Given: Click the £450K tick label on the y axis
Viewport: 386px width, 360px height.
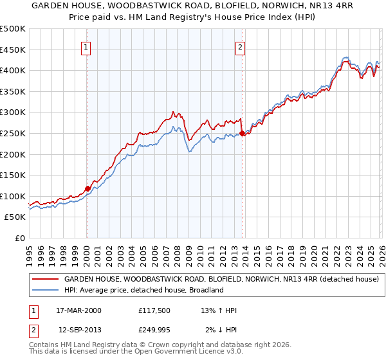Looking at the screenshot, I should tap(13, 50).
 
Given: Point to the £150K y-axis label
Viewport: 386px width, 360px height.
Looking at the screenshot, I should tap(13, 175).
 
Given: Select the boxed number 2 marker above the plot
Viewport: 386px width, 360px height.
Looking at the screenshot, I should tap(240, 47).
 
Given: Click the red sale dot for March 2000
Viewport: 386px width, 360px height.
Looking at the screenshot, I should tap(87, 188).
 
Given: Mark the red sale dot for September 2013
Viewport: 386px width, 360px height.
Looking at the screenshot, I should tap(242, 134).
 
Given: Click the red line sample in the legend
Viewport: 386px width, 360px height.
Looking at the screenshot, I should tap(45, 280).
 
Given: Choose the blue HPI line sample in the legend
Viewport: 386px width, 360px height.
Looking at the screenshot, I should tap(45, 290).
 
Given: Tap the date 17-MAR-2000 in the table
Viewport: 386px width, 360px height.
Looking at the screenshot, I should tap(79, 310).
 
